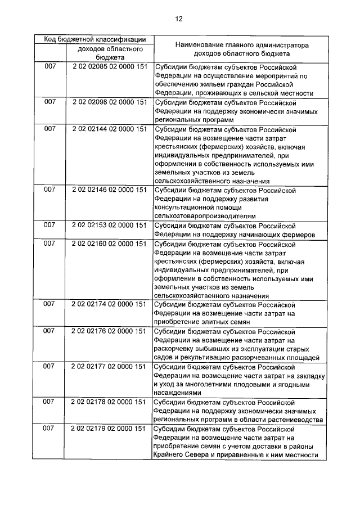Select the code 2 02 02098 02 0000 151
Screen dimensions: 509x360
(110, 102)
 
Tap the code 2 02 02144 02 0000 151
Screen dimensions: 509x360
(110, 129)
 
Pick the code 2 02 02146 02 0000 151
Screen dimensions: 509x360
(110, 191)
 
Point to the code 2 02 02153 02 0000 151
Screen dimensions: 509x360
(110, 225)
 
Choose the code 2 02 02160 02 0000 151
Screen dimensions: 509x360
(110, 244)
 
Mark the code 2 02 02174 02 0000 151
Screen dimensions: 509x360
(110, 305)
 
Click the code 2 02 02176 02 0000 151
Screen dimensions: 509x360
(110, 331)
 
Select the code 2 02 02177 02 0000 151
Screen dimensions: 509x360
(110, 366)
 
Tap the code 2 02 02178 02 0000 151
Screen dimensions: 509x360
(110, 402)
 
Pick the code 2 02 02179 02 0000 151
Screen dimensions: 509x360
(110, 429)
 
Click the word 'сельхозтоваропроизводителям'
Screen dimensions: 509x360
(196, 216)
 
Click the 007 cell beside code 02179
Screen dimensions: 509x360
(49, 429)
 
